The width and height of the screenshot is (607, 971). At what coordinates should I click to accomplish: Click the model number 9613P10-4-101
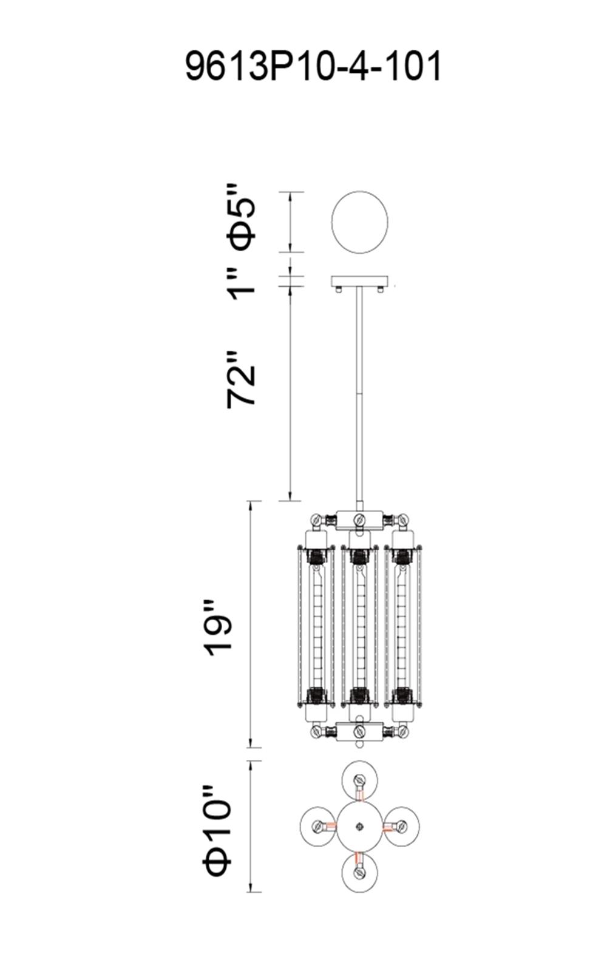click(313, 66)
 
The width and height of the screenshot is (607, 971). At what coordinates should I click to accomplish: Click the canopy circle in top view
click(359, 222)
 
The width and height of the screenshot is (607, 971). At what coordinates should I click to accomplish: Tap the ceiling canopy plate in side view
click(359, 282)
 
